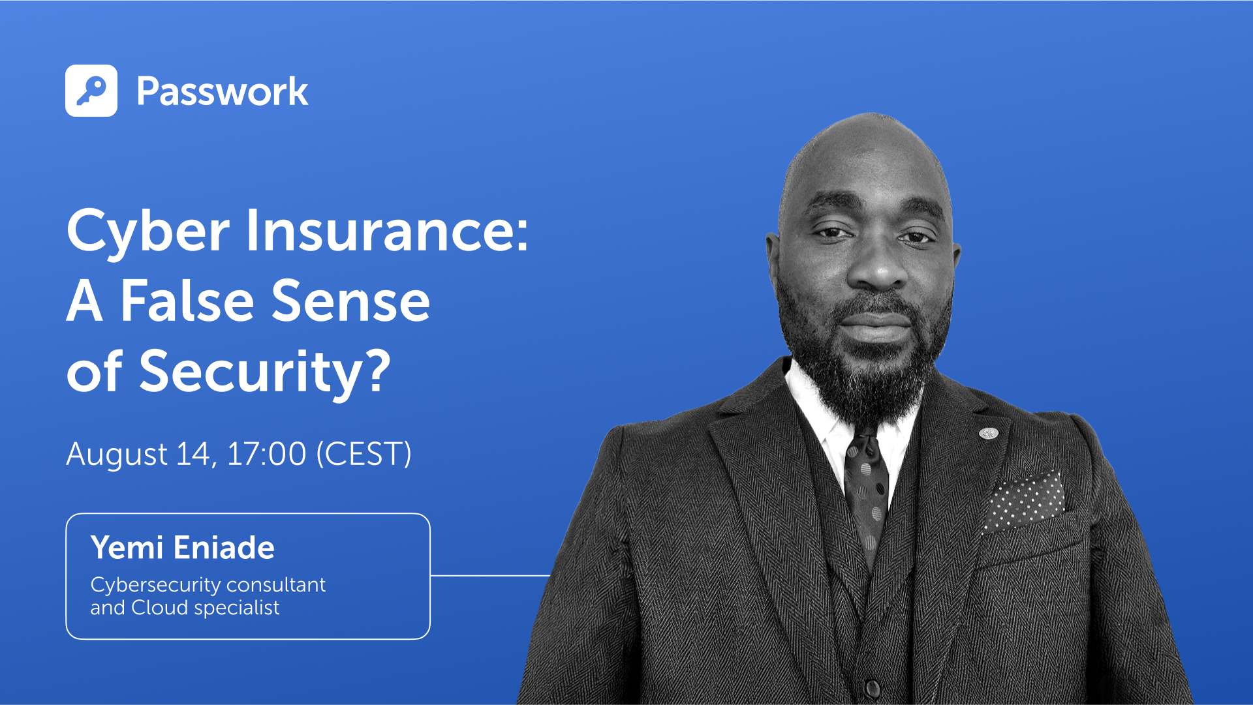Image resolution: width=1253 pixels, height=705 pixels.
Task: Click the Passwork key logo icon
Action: tap(91, 91)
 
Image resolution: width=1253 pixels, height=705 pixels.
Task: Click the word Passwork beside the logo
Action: tap(222, 91)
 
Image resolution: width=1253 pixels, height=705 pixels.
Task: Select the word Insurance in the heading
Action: tap(386, 231)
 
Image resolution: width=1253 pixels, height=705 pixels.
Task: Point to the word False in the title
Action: tap(187, 301)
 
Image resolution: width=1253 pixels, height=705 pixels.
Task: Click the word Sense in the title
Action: tap(350, 301)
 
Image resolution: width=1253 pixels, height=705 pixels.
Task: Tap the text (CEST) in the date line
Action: tap(364, 454)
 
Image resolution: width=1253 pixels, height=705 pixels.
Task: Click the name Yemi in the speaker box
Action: tap(127, 547)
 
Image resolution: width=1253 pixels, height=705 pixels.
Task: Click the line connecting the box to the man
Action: tap(489, 575)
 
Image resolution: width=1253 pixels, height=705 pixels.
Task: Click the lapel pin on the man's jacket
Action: tap(987, 432)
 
